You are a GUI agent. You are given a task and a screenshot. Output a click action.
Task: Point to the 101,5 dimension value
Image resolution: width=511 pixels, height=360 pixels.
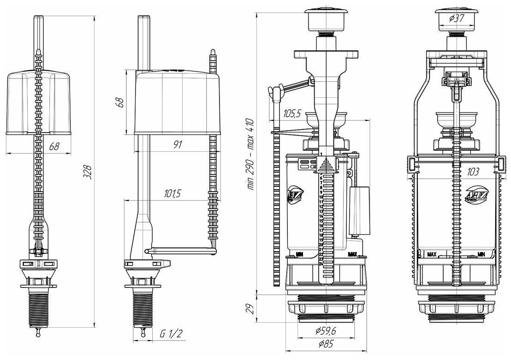[x=172, y=194]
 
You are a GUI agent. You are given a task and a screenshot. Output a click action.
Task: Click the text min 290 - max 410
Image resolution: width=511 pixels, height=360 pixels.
[x=250, y=154]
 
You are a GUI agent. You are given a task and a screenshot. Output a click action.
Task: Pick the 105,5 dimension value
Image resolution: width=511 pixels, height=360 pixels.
[x=293, y=113]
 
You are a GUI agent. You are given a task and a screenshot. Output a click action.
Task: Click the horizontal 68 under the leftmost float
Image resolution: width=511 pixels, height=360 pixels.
[x=54, y=147]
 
